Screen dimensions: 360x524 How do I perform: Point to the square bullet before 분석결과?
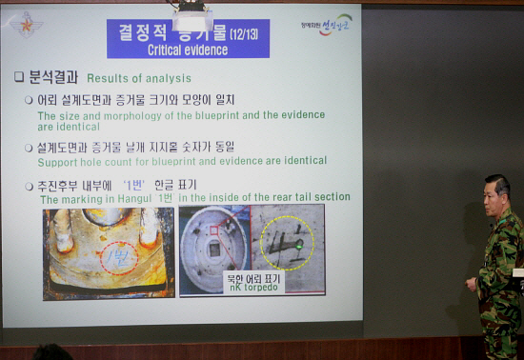[18, 77]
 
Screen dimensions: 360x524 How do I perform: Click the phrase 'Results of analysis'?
[139, 78]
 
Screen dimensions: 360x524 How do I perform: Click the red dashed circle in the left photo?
[119, 258]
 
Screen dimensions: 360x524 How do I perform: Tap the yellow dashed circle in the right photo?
[287, 243]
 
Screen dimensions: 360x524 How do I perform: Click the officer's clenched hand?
[472, 284]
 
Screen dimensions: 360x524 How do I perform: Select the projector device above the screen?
[192, 17]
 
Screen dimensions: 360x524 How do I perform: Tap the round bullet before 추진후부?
[30, 185]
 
